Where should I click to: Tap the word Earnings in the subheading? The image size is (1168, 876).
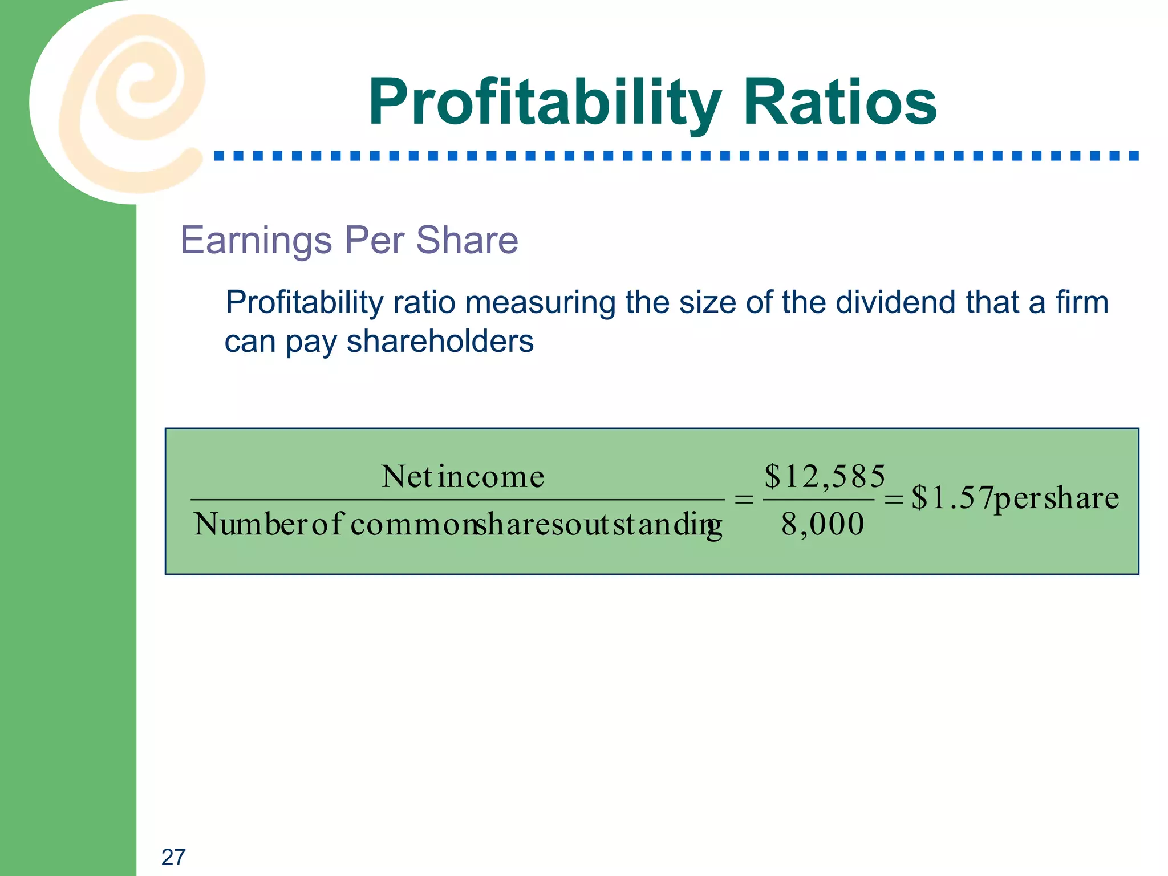[x=256, y=240]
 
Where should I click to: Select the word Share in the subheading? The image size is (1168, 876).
[x=467, y=240]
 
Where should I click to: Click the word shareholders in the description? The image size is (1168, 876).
[x=440, y=342]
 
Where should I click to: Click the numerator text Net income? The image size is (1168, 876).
[x=463, y=477]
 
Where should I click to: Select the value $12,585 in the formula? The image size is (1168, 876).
[x=825, y=476]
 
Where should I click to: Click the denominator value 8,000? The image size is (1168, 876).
[x=822, y=524]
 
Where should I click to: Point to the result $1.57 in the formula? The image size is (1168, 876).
[x=952, y=497]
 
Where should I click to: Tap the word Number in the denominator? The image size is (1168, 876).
[x=251, y=524]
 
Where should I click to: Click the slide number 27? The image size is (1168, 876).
[x=173, y=857]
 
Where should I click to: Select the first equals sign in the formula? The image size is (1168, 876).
[x=744, y=500]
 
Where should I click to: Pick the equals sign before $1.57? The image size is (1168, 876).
[x=893, y=500]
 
